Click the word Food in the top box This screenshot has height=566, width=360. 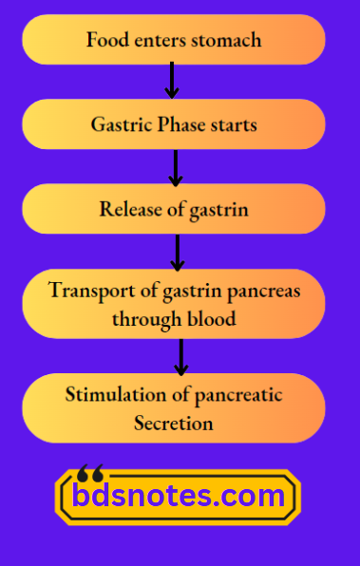(x=104, y=41)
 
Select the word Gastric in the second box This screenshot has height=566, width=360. (x=120, y=125)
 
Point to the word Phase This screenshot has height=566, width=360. (x=181, y=125)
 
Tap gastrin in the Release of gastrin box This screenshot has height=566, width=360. (x=218, y=210)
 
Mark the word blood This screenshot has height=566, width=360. (x=212, y=319)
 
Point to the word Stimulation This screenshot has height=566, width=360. (x=111, y=395)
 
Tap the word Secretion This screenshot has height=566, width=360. (x=174, y=423)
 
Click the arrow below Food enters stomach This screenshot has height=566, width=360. (x=172, y=81)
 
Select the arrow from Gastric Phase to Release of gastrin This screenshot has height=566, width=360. (x=175, y=166)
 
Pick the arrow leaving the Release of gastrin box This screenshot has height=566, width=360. (x=177, y=252)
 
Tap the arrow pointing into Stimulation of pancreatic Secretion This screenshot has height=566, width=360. (x=180, y=356)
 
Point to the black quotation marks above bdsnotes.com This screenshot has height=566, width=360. (x=90, y=472)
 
